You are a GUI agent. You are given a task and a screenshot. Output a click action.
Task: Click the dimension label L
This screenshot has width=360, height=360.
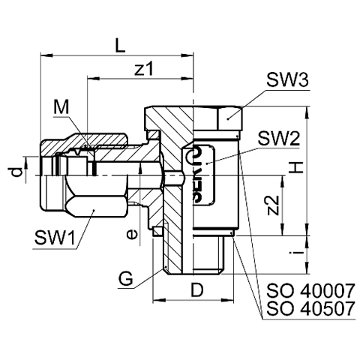[120, 45]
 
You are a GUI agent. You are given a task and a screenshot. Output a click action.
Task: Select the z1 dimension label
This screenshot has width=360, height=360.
[143, 69]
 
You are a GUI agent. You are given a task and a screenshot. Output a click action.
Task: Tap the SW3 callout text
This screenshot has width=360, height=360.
[287, 80]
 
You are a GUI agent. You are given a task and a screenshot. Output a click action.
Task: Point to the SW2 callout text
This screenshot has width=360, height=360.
[279, 139]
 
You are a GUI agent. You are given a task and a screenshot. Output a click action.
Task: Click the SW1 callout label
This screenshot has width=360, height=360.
[55, 238]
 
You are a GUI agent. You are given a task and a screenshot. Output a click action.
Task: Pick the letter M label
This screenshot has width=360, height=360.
[61, 108]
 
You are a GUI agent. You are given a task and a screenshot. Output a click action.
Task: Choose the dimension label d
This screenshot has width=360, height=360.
[16, 172]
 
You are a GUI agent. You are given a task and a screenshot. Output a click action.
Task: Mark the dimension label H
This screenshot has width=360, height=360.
[296, 167]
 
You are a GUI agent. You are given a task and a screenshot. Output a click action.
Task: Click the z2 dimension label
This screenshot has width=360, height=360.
[272, 205]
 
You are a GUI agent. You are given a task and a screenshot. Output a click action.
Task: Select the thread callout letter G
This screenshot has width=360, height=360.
[126, 278]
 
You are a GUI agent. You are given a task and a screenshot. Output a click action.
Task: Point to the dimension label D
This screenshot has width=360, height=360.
[197, 289]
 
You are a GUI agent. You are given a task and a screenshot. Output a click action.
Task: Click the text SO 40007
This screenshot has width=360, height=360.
[310, 290]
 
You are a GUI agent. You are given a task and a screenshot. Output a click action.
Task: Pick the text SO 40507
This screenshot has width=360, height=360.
[310, 308]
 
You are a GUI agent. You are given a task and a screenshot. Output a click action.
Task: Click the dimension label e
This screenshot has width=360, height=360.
[132, 235]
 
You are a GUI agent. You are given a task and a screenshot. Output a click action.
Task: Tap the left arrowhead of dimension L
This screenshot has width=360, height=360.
[46, 55]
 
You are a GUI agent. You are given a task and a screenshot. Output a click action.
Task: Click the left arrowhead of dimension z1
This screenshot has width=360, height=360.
[94, 79]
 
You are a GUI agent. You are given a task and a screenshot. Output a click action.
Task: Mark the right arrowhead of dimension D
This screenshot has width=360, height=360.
[227, 300]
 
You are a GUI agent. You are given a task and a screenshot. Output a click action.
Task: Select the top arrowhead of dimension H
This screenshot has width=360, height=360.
[307, 112]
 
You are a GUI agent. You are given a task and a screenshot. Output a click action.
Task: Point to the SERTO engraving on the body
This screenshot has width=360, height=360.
[198, 175]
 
